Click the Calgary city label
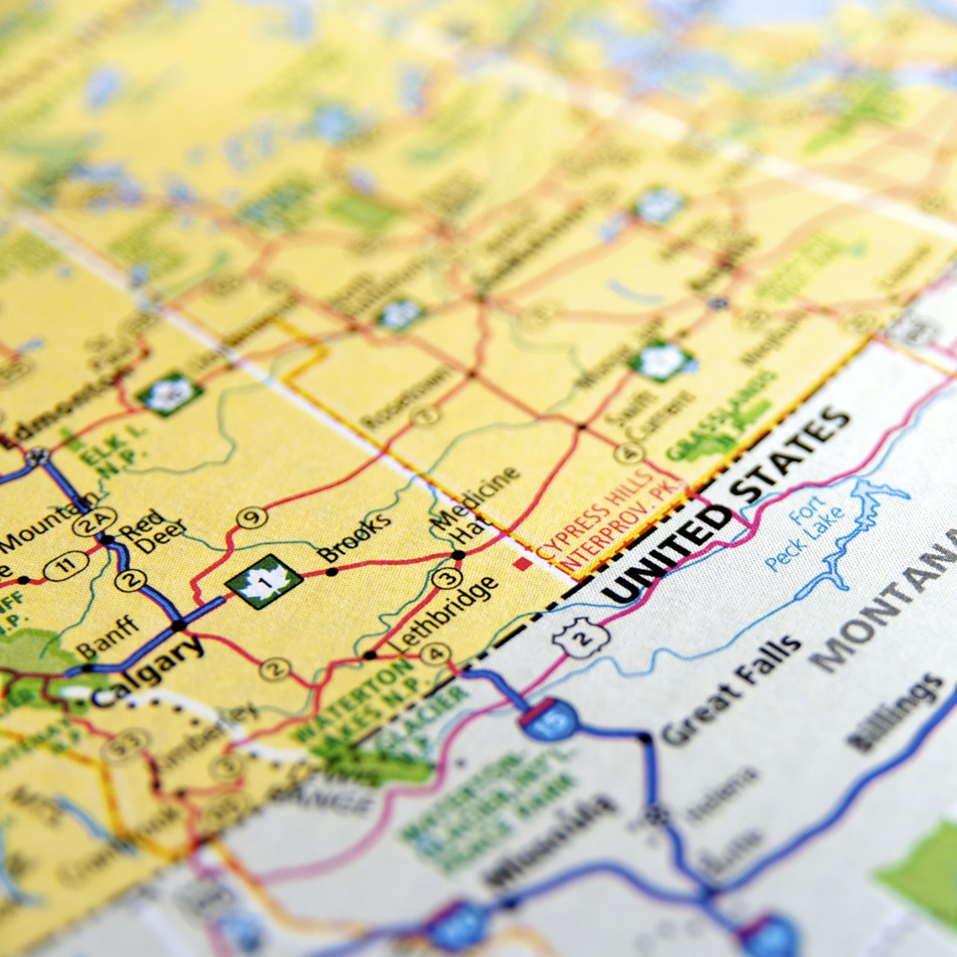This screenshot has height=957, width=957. [148, 671]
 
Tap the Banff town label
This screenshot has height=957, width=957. [108, 638]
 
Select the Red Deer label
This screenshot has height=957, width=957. [152, 532]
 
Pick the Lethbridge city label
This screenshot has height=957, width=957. [444, 612]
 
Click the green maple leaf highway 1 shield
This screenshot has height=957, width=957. [263, 581]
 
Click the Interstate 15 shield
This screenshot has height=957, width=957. [549, 719]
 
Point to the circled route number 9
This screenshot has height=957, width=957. [251, 518]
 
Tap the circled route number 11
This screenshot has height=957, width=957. [65, 565]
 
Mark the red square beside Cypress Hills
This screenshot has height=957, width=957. [522, 565]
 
